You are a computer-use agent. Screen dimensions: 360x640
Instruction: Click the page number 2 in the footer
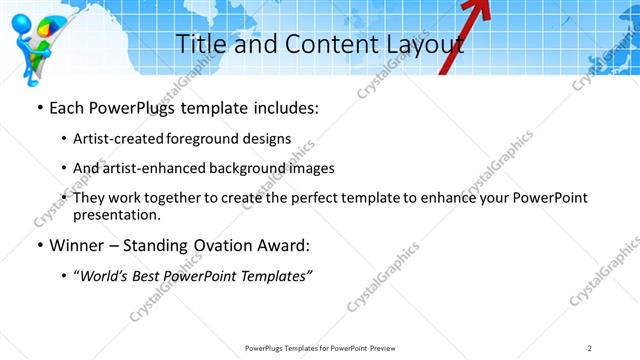[590, 347]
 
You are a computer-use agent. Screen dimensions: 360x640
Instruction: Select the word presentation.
[116, 214]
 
